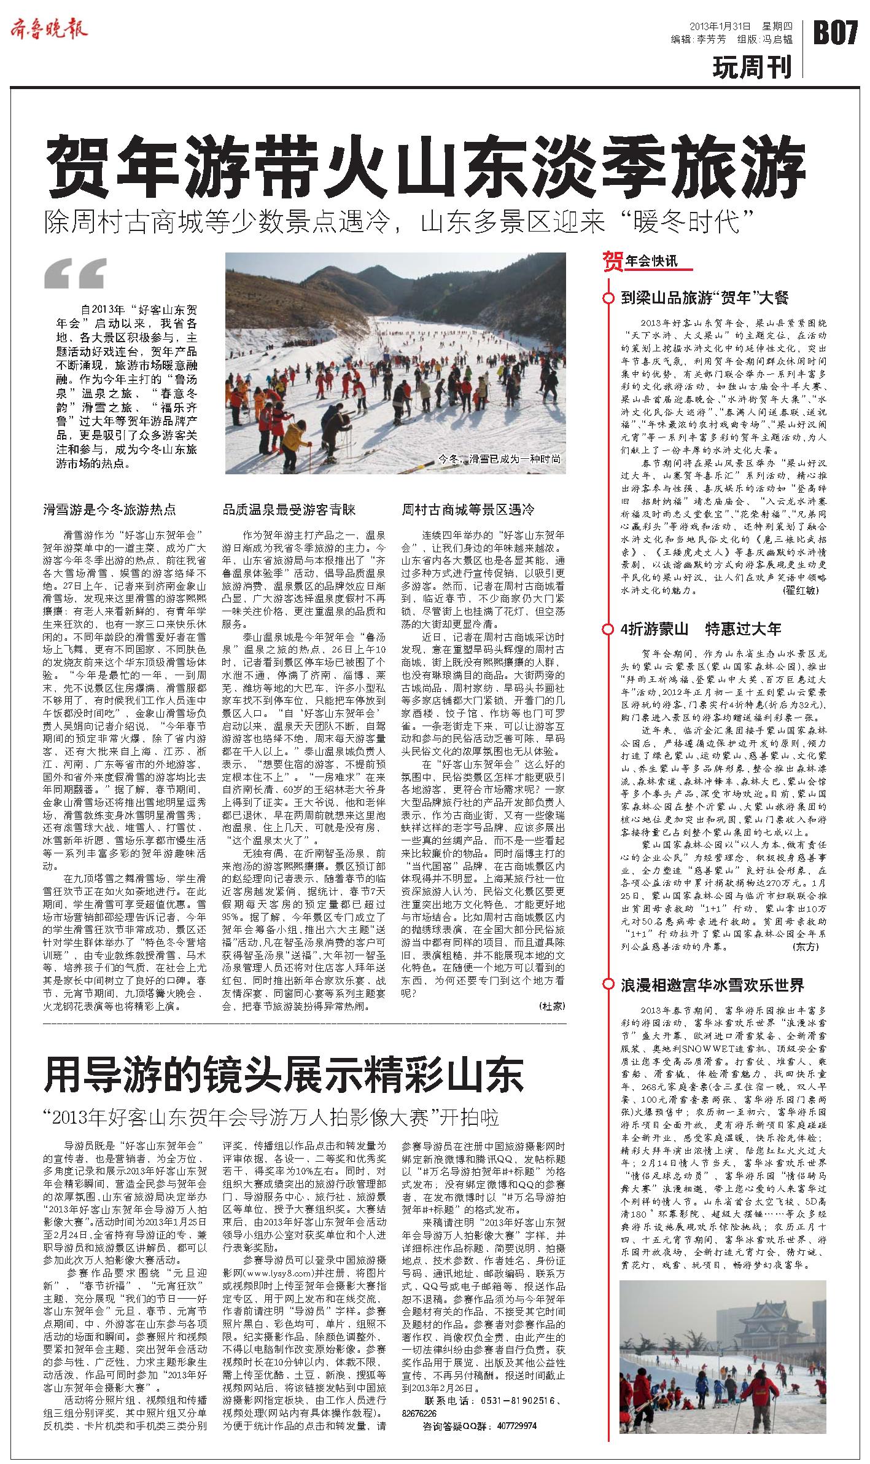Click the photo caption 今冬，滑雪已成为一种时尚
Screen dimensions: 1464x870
click(x=500, y=459)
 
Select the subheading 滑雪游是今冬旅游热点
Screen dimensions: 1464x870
click(x=109, y=509)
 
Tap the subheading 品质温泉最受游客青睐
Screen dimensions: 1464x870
click(x=289, y=509)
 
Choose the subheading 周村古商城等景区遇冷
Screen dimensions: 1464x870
click(x=468, y=509)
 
